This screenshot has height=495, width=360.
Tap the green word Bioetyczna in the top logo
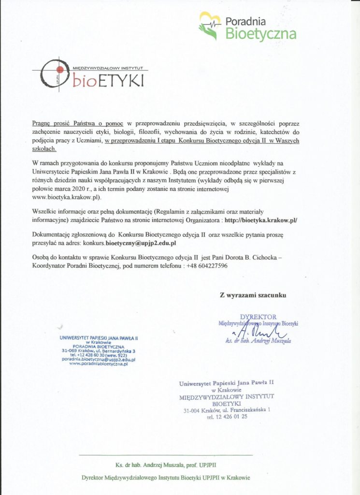tap(261, 33)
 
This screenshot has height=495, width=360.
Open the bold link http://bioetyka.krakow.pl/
tap(261, 219)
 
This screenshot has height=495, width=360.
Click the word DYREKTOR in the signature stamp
tap(258, 317)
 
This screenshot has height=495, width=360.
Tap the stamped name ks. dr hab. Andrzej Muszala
tap(259, 341)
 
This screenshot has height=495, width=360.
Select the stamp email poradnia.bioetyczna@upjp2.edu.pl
tap(98, 360)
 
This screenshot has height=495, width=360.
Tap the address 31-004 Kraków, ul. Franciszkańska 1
tap(227, 410)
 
